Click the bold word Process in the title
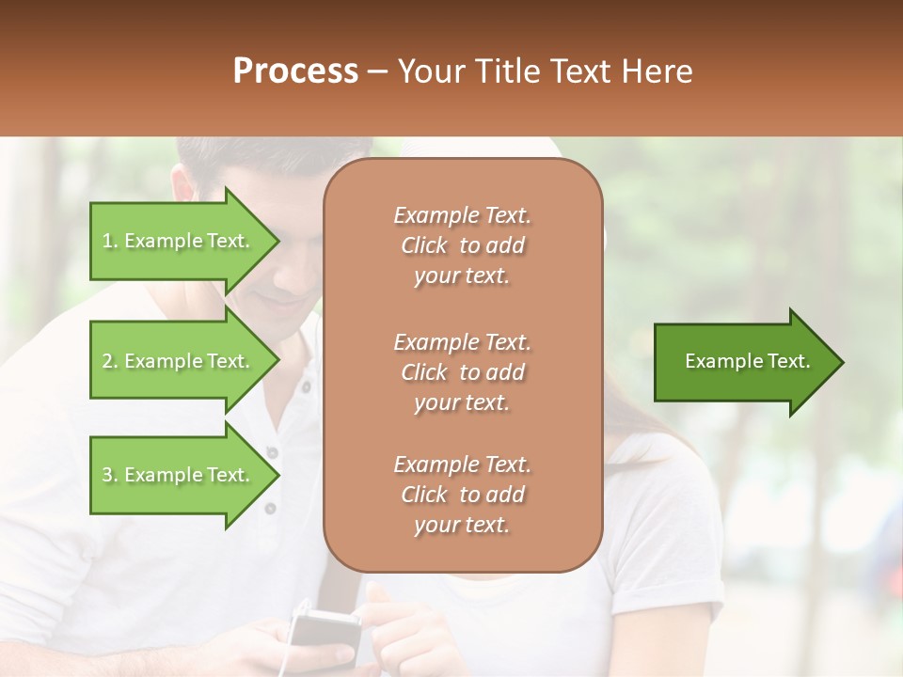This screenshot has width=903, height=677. pyautogui.click(x=295, y=71)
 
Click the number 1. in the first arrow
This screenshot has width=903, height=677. pyautogui.click(x=109, y=242)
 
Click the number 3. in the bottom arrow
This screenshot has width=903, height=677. pyautogui.click(x=110, y=476)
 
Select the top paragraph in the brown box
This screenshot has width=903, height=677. pyautogui.click(x=462, y=245)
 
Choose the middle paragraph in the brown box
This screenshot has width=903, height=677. pyautogui.click(x=462, y=371)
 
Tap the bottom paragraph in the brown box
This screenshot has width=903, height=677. pyautogui.click(x=462, y=495)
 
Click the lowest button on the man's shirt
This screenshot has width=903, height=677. pyautogui.click(x=271, y=509)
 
